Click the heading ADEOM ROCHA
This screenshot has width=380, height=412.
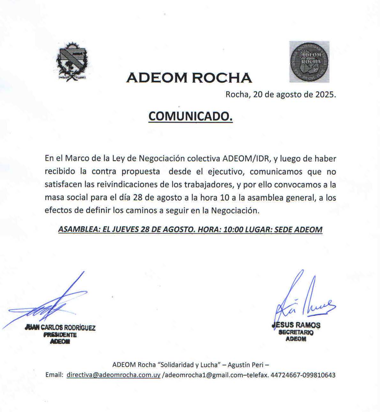[189, 78]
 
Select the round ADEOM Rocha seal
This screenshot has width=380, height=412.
[309, 62]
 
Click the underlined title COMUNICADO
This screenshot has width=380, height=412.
[190, 117]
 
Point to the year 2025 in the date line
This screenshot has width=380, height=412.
[325, 95]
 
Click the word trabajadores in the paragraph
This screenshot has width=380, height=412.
[208, 185]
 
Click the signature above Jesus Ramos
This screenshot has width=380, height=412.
[303, 300]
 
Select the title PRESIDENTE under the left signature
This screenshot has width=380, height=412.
[60, 335]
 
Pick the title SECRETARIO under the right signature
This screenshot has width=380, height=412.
[296, 332]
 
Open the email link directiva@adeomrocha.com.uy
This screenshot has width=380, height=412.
[113, 375]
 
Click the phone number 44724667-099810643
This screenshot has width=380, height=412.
[303, 375]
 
